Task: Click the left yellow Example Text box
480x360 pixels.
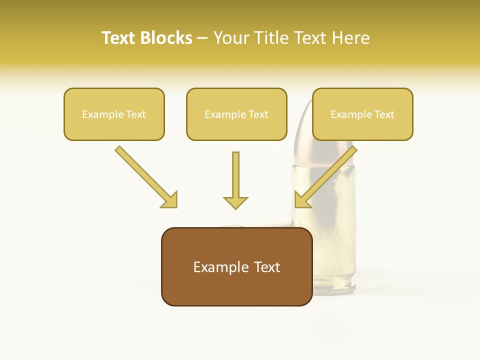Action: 114,114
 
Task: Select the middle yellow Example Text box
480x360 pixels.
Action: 236,114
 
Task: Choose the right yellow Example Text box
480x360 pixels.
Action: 362,114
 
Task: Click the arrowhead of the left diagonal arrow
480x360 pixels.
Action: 170,200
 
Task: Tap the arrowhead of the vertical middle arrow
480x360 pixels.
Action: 235,202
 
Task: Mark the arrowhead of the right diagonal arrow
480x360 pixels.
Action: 302,200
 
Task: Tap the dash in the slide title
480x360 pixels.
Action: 202,38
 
